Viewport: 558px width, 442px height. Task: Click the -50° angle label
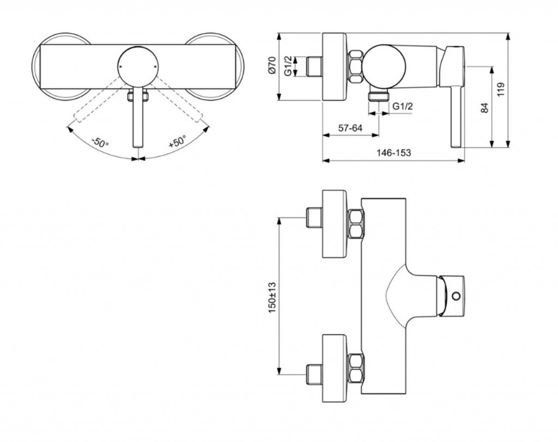coord(100,144)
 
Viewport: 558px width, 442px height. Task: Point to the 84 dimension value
coord(485,107)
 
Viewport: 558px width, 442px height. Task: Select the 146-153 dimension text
coord(393,154)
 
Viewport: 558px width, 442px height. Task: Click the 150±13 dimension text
coord(272,297)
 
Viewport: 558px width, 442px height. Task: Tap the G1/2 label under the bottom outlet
coord(402,107)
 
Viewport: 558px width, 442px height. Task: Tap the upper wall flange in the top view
coord(335,223)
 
